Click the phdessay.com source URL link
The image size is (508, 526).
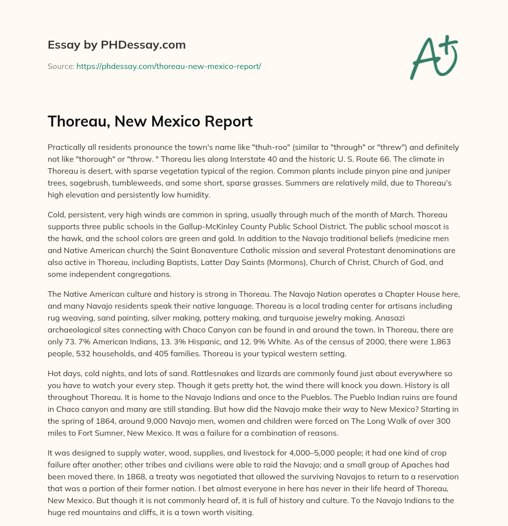pos(169,66)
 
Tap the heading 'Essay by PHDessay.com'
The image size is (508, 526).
pos(117,45)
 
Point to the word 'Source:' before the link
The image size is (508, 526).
pos(61,66)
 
